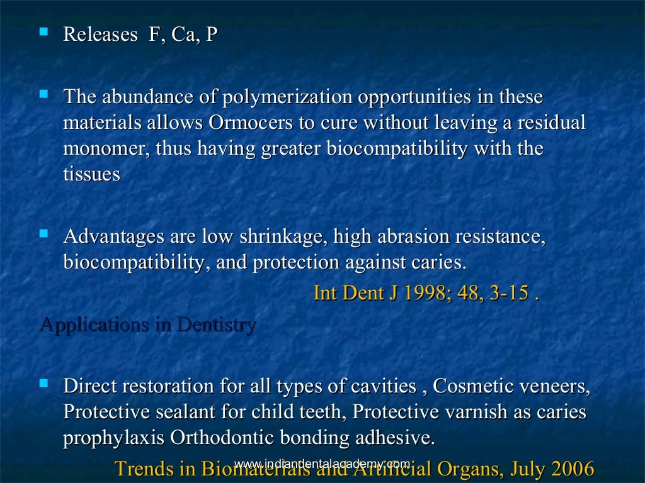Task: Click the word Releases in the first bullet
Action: [x=100, y=35]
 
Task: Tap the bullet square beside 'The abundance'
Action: [x=43, y=94]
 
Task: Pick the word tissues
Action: [x=91, y=174]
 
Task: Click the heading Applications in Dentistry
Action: [x=147, y=325]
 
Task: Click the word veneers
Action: [x=555, y=386]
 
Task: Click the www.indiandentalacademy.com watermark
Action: [x=322, y=464]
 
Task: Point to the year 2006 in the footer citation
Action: [x=572, y=469]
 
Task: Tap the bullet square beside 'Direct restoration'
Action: [x=43, y=383]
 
